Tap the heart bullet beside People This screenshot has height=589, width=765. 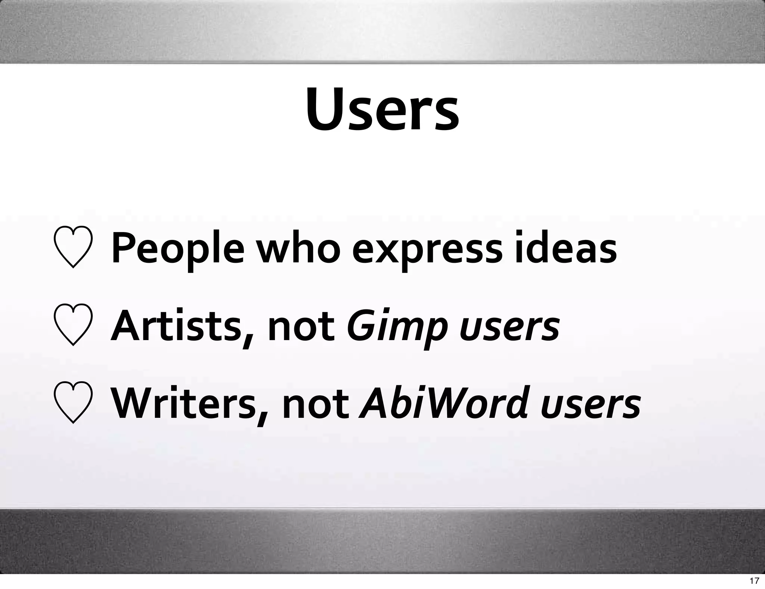(x=73, y=247)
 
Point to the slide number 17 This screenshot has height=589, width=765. (x=754, y=580)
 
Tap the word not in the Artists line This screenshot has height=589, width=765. (x=301, y=326)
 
